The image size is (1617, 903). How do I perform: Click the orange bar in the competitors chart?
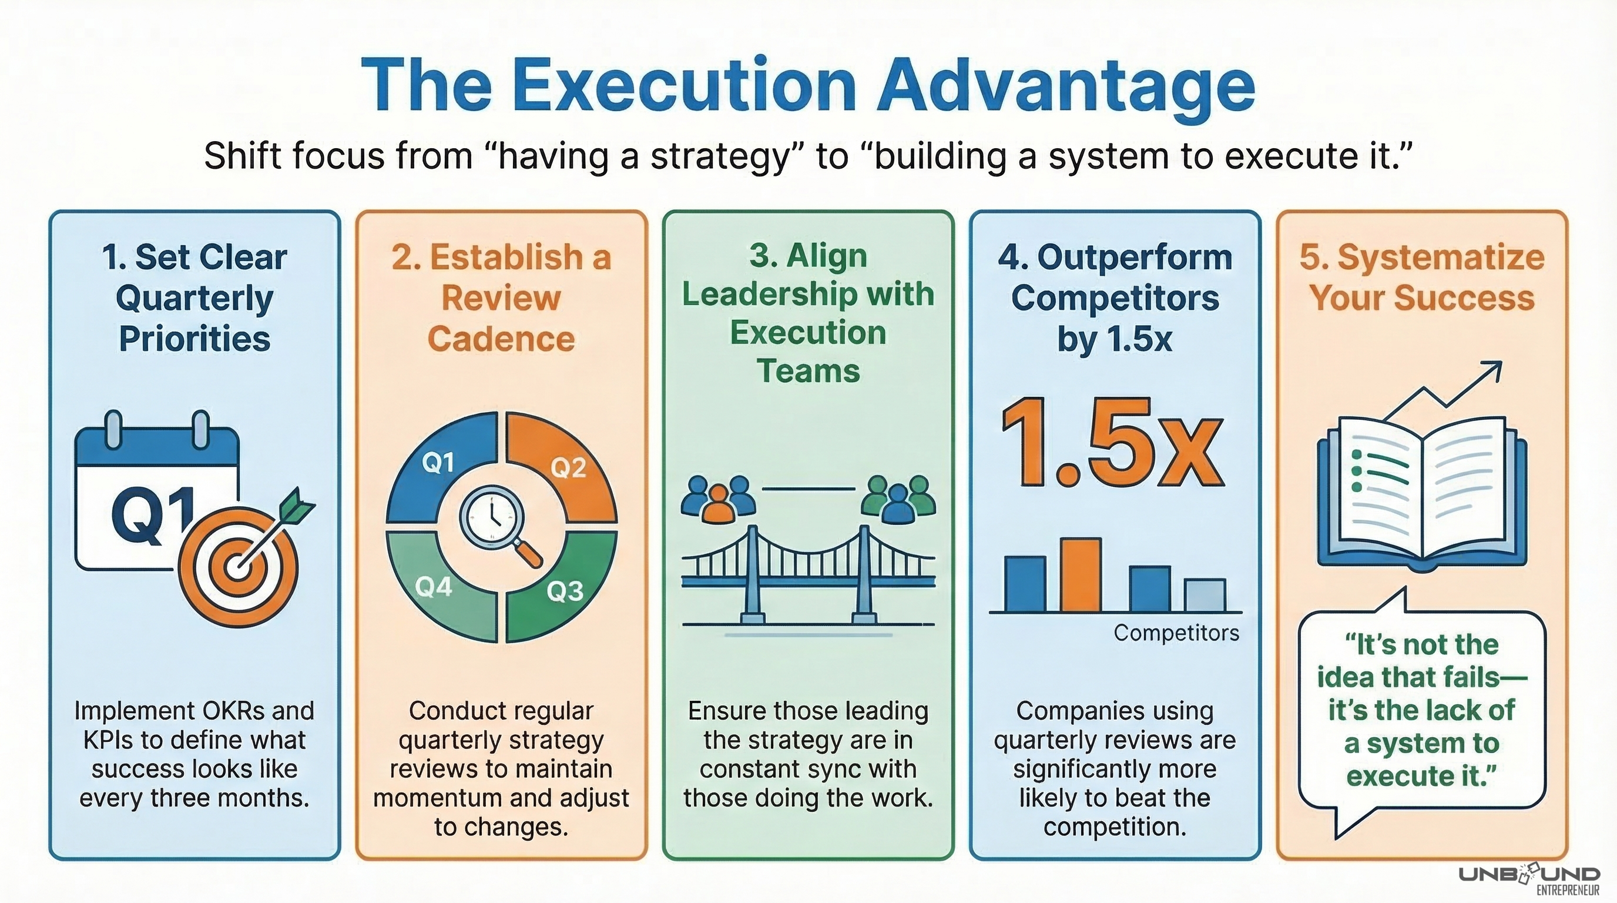point(1081,574)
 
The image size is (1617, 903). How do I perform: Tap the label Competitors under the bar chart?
point(1176,633)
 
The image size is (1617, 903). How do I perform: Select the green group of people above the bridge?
point(898,499)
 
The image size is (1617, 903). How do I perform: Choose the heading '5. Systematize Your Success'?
point(1422,277)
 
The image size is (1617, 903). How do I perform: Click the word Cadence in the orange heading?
point(501,339)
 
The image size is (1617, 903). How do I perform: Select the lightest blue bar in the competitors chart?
point(1205,596)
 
